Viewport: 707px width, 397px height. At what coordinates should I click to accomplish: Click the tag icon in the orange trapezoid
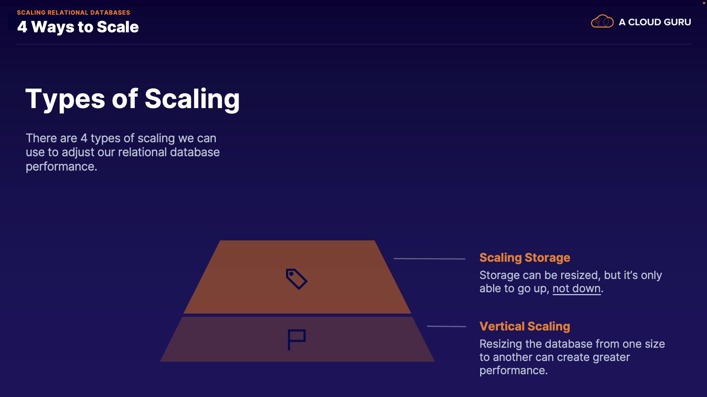(296, 279)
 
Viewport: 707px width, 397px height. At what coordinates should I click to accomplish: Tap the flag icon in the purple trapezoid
(296, 339)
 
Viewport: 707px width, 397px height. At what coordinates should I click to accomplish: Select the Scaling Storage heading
(524, 258)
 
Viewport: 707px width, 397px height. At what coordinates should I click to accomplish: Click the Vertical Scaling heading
(524, 326)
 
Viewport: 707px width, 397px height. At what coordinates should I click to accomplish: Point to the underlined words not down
(576, 289)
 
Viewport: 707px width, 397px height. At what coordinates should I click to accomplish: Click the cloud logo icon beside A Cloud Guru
(602, 22)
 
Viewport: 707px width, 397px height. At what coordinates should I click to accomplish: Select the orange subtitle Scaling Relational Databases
(73, 12)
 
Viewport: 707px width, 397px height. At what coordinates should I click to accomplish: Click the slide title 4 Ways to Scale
(78, 27)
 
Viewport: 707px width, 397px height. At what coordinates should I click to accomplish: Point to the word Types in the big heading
(65, 99)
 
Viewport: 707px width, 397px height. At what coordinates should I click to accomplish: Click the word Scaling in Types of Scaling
(192, 99)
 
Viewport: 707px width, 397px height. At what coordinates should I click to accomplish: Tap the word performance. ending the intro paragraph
(61, 167)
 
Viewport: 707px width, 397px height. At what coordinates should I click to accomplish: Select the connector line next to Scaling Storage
(429, 259)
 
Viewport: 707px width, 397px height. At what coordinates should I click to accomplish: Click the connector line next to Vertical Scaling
(446, 326)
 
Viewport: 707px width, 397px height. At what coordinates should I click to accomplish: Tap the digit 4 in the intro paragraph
(84, 138)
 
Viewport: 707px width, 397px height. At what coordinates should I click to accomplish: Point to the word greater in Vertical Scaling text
(611, 357)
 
